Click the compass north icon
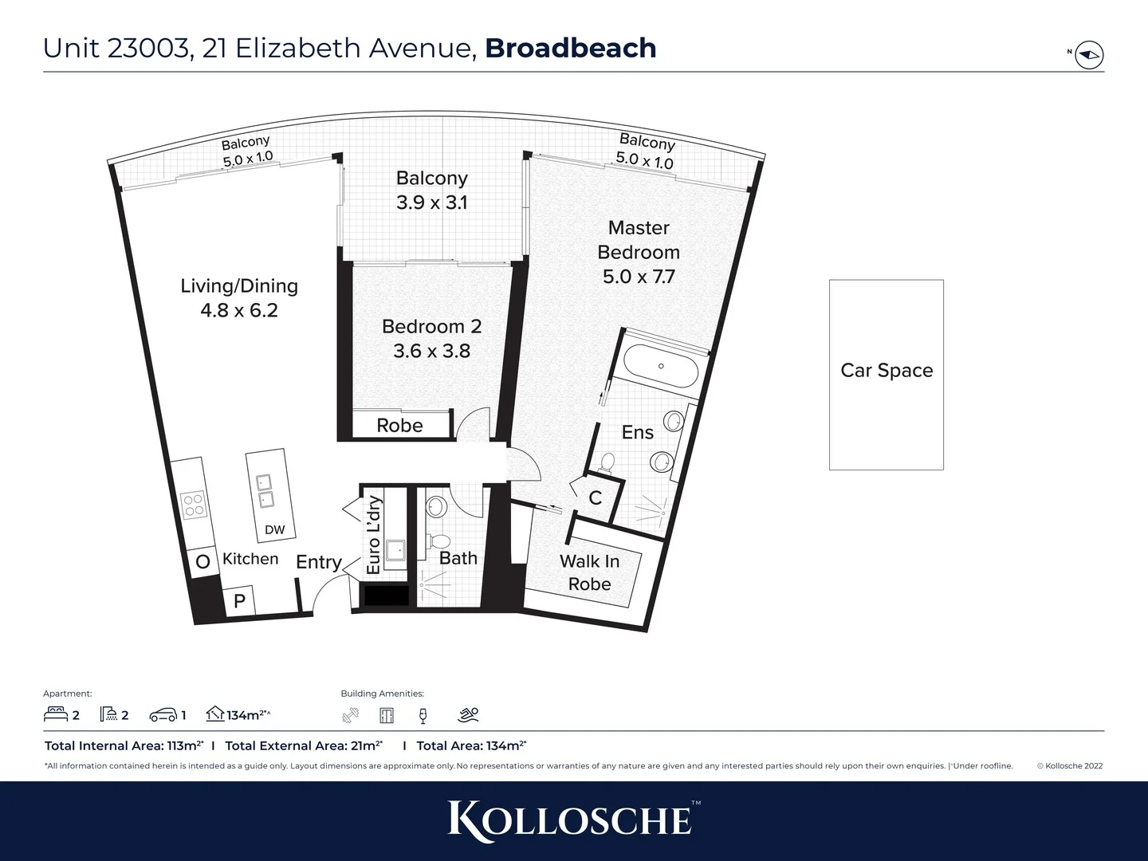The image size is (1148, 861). (x=1089, y=55)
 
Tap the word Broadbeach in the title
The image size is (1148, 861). (x=570, y=48)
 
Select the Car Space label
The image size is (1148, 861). (x=887, y=371)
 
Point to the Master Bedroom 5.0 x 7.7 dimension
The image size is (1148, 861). (x=639, y=277)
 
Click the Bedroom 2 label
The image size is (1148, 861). (x=431, y=326)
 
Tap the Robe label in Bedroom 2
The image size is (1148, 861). (x=399, y=426)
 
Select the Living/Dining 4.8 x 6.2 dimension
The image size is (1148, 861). (x=239, y=310)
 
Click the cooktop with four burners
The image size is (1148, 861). (x=194, y=505)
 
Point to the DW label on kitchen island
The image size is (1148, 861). (x=274, y=530)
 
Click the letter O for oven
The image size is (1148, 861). (x=202, y=562)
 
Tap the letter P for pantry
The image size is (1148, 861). (x=239, y=601)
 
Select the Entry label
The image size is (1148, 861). (x=318, y=562)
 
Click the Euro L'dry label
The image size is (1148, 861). (x=373, y=535)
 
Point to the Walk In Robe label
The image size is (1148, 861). (x=589, y=572)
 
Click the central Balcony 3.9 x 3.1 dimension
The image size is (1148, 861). (x=431, y=202)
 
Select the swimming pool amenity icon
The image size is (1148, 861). (x=469, y=715)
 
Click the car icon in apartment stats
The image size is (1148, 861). (x=163, y=715)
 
